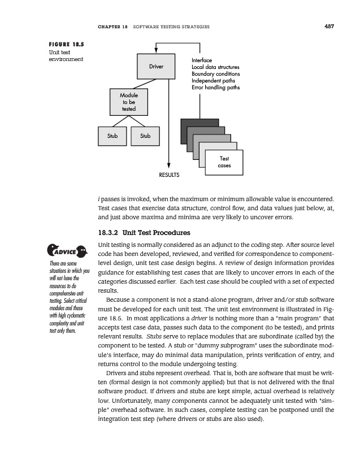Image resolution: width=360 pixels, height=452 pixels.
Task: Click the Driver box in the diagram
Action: tap(156, 67)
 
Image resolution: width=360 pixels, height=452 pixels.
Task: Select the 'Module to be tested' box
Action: tap(128, 102)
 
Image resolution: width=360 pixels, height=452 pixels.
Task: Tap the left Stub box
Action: tap(112, 136)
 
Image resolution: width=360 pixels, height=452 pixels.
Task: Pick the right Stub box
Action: tap(145, 136)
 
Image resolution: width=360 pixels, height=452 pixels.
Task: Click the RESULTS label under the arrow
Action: tap(168, 175)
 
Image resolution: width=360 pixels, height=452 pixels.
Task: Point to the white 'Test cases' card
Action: tap(224, 162)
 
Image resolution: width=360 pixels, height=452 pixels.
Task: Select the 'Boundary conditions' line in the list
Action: tap(215, 74)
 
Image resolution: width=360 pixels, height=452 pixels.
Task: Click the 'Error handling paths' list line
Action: tap(215, 88)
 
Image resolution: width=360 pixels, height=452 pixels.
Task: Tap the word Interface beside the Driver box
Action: tap(202, 60)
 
